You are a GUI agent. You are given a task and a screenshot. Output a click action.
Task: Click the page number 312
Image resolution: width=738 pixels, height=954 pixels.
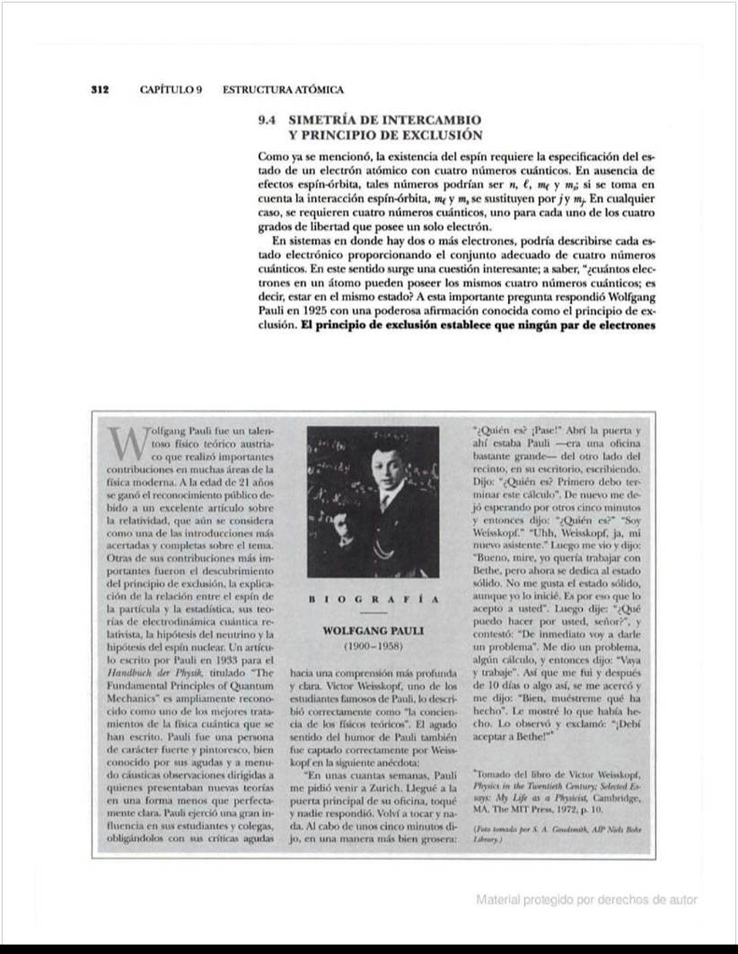[x=100, y=90]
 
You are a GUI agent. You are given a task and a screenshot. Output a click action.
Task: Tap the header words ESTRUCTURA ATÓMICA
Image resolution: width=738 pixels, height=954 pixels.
[x=283, y=90]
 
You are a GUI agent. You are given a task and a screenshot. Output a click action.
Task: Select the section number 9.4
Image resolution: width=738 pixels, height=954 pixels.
[x=268, y=119]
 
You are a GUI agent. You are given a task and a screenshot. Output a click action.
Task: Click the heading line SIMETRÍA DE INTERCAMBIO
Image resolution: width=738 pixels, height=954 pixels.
[x=384, y=119]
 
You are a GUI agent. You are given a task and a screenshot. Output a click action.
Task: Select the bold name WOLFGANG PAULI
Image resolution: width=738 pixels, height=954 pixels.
[x=373, y=630]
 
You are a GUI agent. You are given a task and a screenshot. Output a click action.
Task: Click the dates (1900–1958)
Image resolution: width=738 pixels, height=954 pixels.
[x=373, y=646]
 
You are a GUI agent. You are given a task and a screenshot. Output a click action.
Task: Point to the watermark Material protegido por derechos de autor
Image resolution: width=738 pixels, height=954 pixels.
[x=586, y=899]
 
